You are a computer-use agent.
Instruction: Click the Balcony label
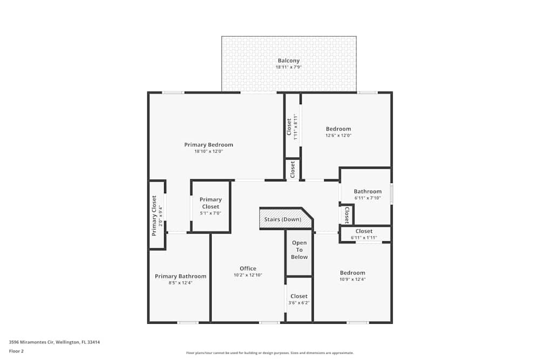click(x=288, y=60)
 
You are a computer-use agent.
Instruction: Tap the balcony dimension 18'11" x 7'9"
click(x=288, y=67)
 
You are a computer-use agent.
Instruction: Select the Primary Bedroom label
click(x=208, y=145)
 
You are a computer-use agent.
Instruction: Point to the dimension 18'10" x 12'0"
click(x=208, y=152)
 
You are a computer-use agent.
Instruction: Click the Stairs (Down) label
click(x=282, y=219)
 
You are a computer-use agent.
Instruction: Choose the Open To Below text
click(x=299, y=250)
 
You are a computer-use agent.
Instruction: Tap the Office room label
click(x=248, y=268)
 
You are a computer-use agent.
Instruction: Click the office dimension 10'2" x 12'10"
click(x=248, y=275)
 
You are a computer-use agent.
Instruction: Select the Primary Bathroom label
click(x=180, y=276)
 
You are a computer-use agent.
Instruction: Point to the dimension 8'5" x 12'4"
click(x=180, y=283)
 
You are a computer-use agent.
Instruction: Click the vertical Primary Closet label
click(x=154, y=215)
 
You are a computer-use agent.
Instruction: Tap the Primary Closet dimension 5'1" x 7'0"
click(x=211, y=213)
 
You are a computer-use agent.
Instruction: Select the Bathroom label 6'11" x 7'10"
click(x=367, y=191)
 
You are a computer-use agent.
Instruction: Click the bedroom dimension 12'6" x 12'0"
click(x=338, y=135)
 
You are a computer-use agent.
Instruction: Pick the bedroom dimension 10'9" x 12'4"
click(x=352, y=280)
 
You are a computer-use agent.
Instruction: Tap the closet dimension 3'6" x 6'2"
click(x=299, y=303)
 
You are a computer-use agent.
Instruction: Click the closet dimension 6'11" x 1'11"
click(x=363, y=237)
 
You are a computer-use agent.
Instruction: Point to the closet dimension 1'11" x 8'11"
click(x=295, y=127)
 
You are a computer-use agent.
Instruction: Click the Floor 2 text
click(x=16, y=351)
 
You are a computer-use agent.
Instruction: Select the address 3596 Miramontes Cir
click(x=54, y=342)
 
